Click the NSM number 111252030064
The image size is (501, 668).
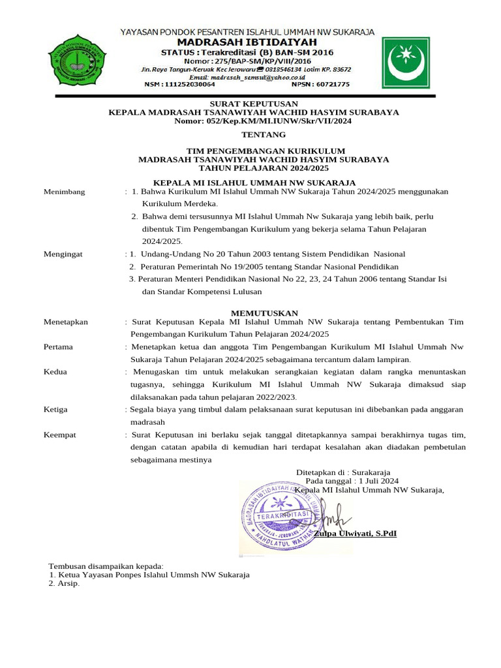click(179, 84)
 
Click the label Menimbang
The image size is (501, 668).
click(64, 192)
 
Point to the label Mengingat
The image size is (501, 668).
click(63, 254)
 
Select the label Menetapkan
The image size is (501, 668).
click(65, 322)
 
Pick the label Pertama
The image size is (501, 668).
click(58, 347)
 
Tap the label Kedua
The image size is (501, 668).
click(55, 372)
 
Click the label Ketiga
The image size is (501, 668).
click(55, 409)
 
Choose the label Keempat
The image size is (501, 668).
click(59, 434)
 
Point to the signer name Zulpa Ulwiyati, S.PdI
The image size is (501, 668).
click(355, 534)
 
